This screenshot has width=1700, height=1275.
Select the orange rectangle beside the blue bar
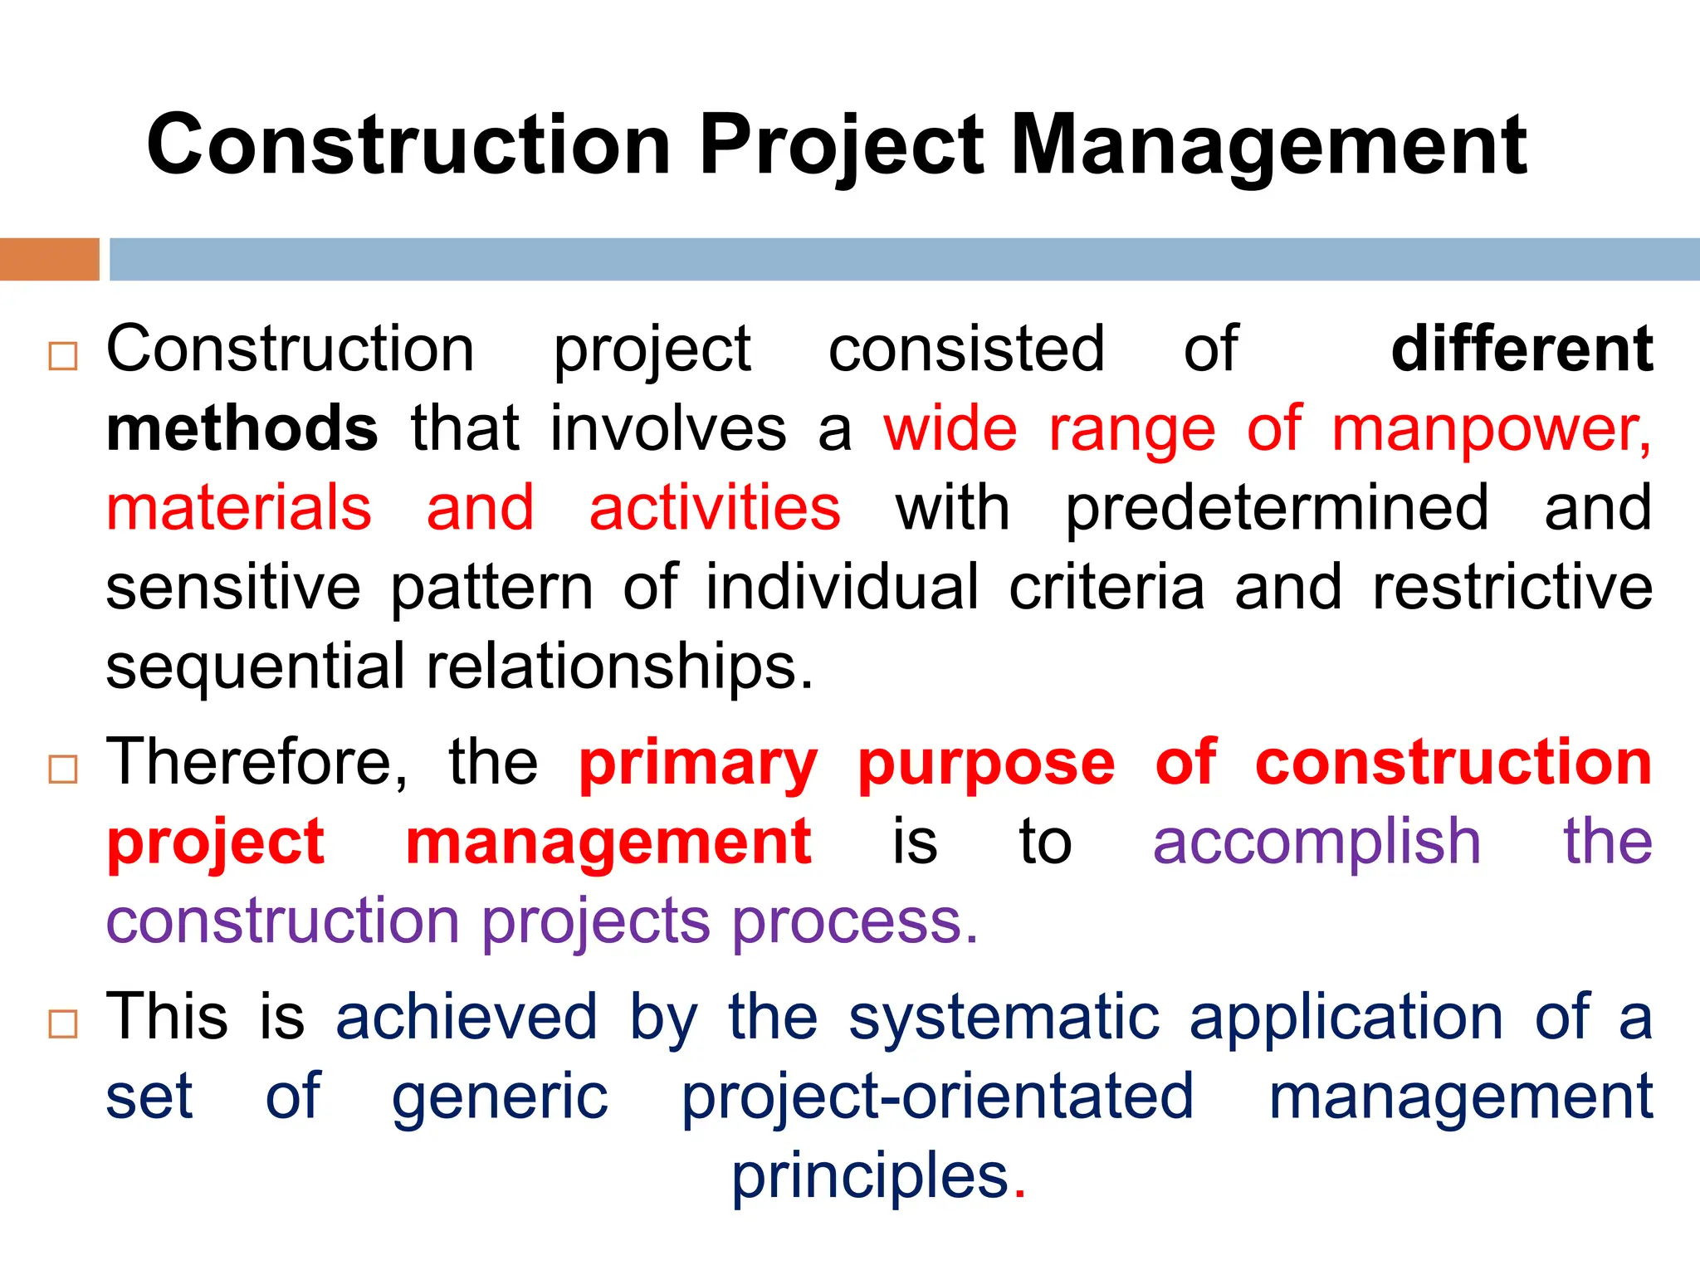click(x=49, y=259)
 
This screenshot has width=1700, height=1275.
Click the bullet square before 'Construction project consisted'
click(x=63, y=356)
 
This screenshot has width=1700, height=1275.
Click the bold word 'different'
click(x=1522, y=349)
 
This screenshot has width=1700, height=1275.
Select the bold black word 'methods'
click(x=242, y=428)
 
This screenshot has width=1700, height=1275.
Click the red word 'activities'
click(x=715, y=508)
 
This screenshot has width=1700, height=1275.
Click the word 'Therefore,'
click(x=257, y=762)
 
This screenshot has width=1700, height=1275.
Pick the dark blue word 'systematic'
click(x=1004, y=1018)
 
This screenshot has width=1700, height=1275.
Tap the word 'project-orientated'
click(x=937, y=1098)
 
